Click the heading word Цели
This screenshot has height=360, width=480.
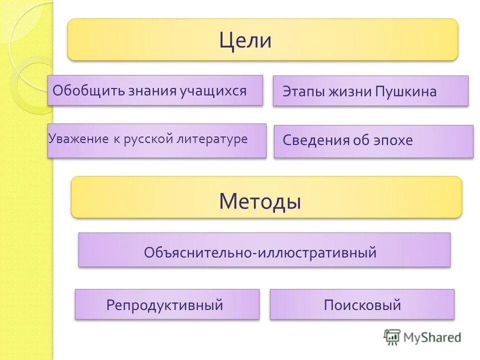[245, 40]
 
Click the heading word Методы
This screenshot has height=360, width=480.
[259, 201]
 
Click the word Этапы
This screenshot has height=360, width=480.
[302, 92]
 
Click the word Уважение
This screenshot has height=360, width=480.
[78, 139]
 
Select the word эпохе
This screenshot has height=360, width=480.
[393, 140]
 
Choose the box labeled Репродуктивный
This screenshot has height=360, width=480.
[167, 304]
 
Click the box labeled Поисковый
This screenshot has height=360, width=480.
[362, 304]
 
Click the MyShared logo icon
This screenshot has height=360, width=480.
[392, 337]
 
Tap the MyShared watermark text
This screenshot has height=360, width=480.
[432, 337]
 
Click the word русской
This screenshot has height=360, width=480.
[148, 139]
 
